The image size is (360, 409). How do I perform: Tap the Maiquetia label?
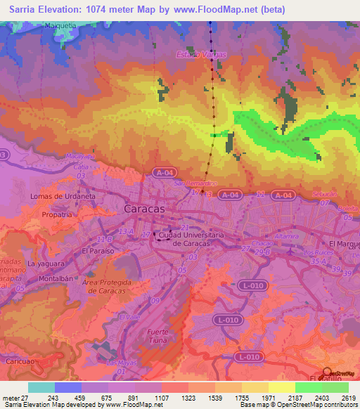41,25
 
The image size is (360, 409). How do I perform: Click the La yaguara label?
46,264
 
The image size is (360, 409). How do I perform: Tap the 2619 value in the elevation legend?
348,397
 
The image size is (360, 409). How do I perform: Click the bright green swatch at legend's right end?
335,387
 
